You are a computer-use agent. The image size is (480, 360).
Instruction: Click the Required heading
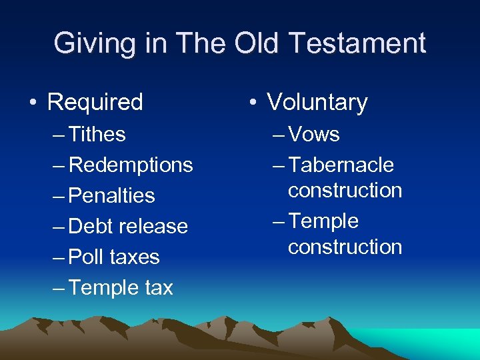(95, 103)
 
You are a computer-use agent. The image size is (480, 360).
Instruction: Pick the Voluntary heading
(317, 103)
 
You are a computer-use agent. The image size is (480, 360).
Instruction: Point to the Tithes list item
(97, 135)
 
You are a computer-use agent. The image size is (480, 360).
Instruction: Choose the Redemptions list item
(131, 165)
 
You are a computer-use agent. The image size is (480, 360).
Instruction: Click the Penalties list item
(111, 196)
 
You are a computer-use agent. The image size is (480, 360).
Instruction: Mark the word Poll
(85, 257)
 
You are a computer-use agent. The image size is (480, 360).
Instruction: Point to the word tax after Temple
(158, 288)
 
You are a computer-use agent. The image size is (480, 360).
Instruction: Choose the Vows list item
(314, 135)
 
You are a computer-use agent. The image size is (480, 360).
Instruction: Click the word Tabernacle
(341, 165)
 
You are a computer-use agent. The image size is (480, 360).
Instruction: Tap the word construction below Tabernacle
(345, 191)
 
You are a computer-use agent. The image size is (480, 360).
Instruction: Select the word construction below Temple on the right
(345, 247)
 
